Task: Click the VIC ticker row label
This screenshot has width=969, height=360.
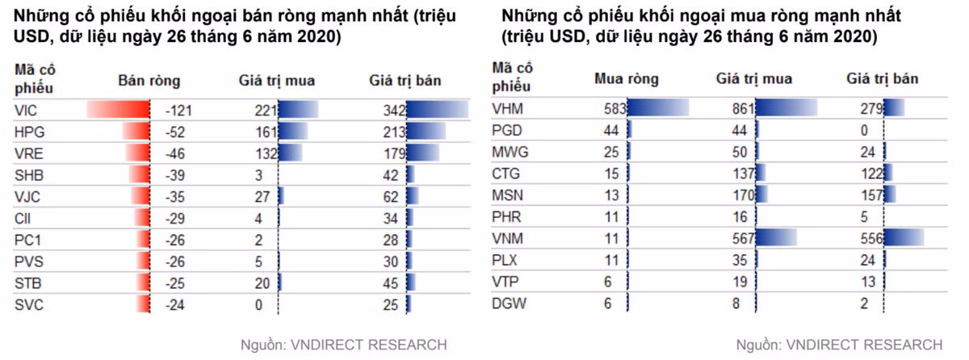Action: point(25,110)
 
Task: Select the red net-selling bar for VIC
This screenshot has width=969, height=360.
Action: point(119,110)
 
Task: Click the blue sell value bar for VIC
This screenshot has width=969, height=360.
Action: point(437,110)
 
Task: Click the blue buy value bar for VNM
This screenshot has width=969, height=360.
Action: point(776,237)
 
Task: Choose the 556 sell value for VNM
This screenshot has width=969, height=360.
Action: point(872,237)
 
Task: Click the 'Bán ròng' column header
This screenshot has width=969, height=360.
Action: point(149,81)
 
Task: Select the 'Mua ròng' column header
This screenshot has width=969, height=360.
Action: point(627,79)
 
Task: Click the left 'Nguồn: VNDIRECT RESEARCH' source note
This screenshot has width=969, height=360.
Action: point(344,345)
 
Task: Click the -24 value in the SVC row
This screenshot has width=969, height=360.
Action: point(176,304)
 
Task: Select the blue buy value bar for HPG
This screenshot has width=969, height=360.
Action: point(293,131)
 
